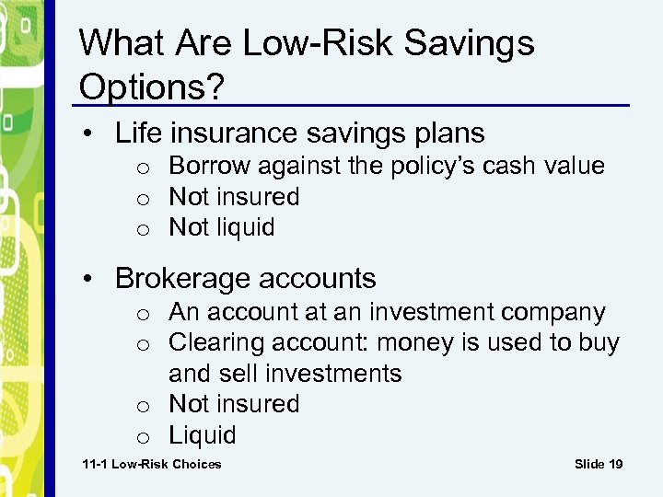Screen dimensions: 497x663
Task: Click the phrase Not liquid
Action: click(222, 227)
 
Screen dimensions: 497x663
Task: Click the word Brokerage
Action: click(185, 278)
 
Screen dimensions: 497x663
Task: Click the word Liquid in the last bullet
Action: click(203, 434)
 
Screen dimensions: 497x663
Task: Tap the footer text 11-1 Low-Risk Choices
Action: click(152, 464)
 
